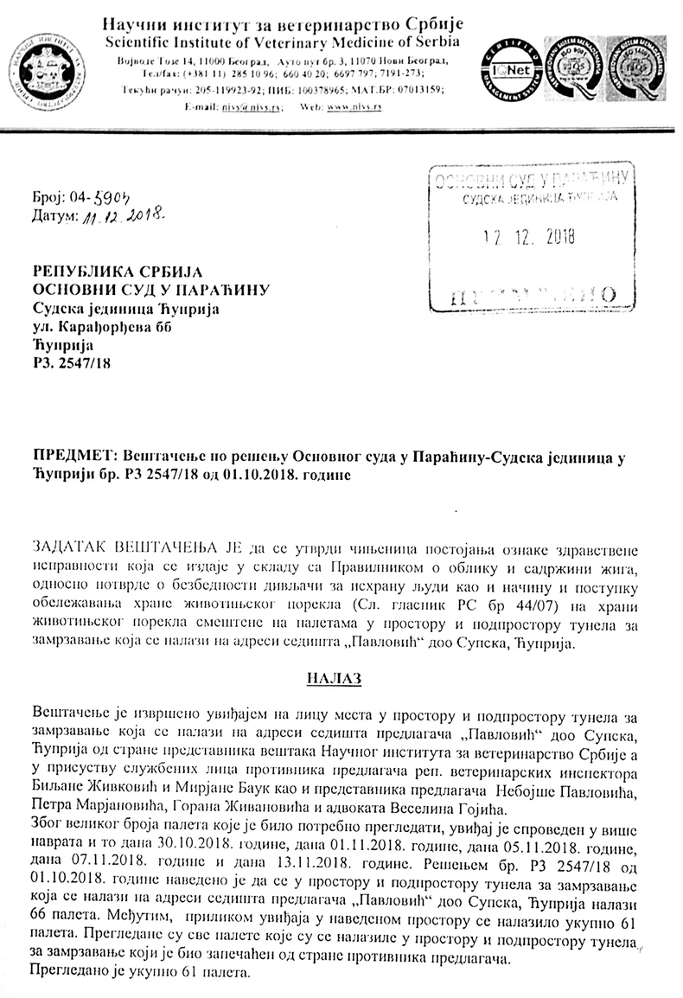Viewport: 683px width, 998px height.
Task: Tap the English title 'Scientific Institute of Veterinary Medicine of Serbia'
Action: point(282,43)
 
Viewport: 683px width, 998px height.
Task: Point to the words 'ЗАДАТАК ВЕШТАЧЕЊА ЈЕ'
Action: point(125,549)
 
